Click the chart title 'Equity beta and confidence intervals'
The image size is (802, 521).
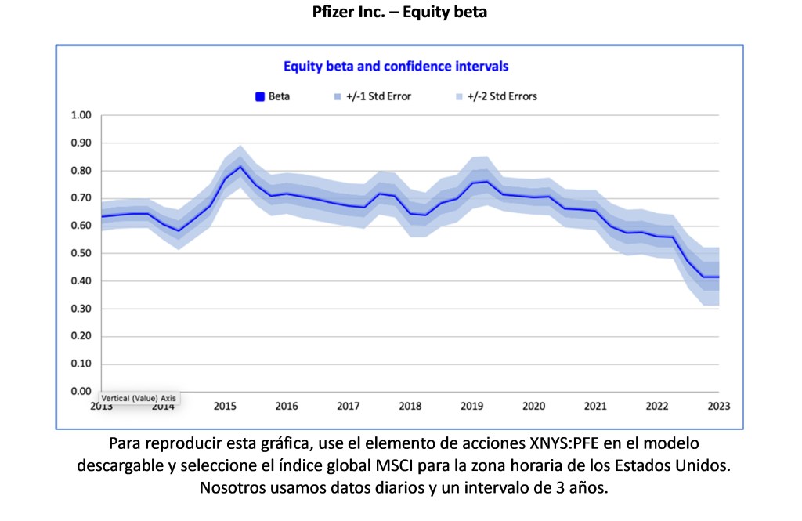coord(396,67)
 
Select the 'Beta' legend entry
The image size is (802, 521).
coord(273,97)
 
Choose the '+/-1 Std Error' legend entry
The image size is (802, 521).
coord(372,97)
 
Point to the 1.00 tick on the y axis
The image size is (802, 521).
coord(81,116)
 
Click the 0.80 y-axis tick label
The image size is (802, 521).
coord(81,171)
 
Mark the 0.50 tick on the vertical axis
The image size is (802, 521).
coord(81,254)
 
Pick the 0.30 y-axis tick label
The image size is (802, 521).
coord(81,309)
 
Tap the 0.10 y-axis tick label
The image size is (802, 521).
coord(81,364)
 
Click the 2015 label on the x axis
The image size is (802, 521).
coord(225,406)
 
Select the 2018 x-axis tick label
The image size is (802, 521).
coord(410,406)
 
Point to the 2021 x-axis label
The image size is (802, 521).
coord(595,406)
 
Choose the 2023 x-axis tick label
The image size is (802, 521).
coord(719,406)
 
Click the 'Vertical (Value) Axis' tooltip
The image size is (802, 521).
coord(139,398)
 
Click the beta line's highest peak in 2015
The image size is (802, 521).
coord(240,167)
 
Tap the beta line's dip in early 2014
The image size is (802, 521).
coord(179,231)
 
